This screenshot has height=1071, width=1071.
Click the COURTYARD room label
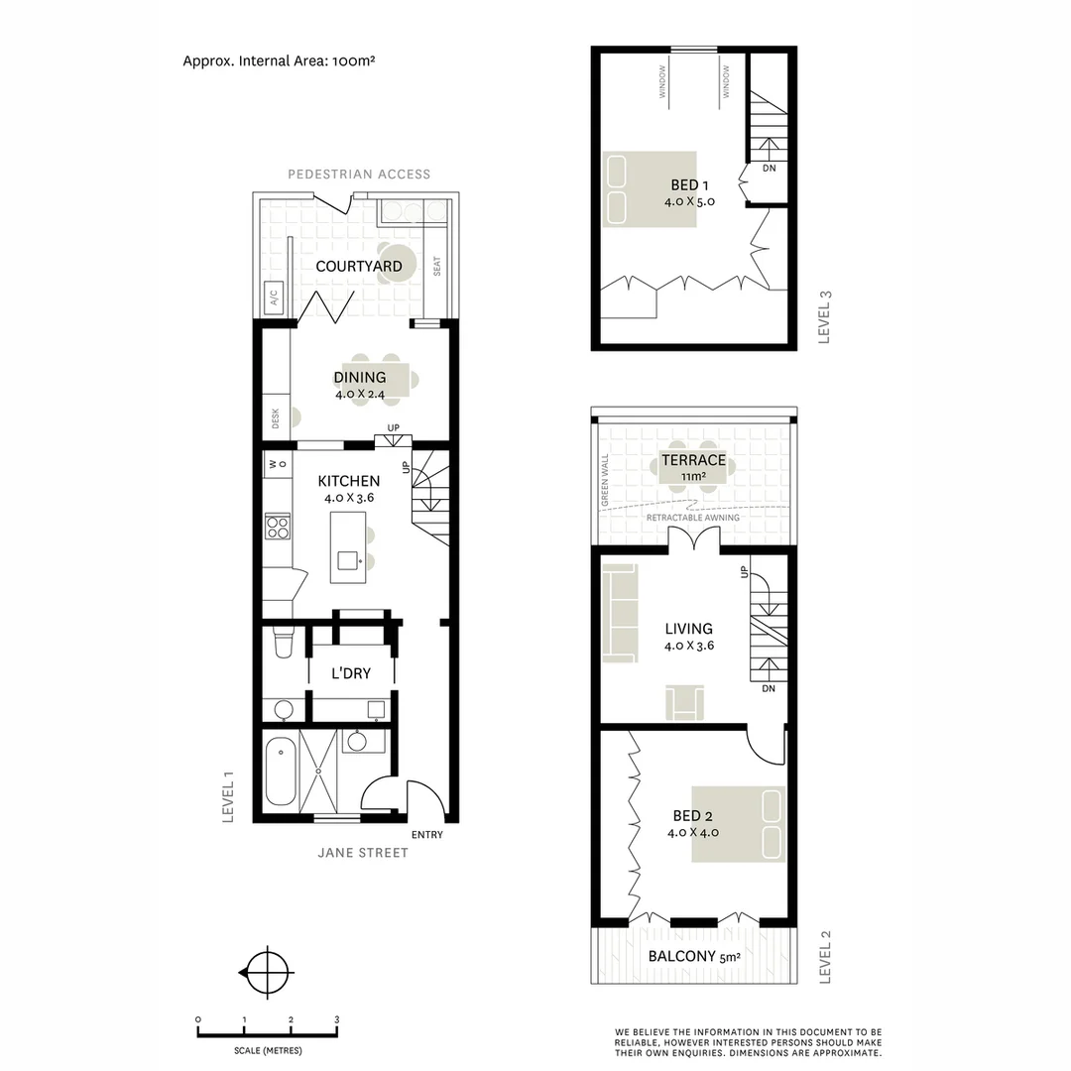tap(358, 266)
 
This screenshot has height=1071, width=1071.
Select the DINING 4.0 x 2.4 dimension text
tap(359, 394)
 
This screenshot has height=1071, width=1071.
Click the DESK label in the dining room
tap(275, 417)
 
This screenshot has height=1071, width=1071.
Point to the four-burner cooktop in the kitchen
tap(278, 526)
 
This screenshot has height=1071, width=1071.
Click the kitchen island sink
tap(348, 560)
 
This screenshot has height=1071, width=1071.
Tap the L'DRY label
tap(351, 673)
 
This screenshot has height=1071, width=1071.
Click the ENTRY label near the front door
tap(426, 835)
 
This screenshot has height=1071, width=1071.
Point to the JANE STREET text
tap(362, 853)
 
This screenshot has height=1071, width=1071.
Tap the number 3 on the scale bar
tap(336, 1019)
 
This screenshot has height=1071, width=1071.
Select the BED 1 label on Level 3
tap(689, 184)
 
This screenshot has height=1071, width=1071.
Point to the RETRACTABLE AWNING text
tap(692, 518)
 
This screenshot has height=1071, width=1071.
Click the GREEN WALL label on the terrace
tap(605, 482)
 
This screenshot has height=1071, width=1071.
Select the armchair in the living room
tap(685, 701)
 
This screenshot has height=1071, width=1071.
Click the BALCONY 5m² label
tap(693, 957)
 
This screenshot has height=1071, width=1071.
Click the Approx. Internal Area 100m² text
tap(278, 60)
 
